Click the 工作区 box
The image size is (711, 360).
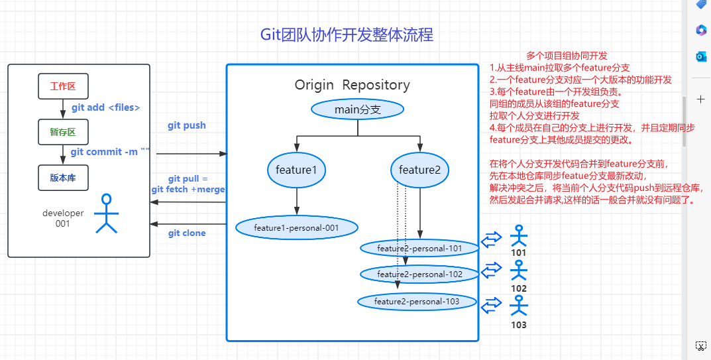(x=63, y=86)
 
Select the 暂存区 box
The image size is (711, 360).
(x=63, y=132)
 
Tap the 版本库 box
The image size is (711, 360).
(x=63, y=178)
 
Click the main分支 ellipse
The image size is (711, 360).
(x=357, y=109)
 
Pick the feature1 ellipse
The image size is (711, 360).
(x=297, y=170)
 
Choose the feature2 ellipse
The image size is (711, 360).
(x=420, y=170)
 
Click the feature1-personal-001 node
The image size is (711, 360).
(x=297, y=227)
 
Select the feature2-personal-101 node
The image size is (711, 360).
(x=419, y=249)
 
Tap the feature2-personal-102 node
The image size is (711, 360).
(x=419, y=274)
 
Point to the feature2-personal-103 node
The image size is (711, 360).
(x=417, y=302)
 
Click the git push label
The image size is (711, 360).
(x=187, y=126)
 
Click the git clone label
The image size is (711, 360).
(x=187, y=233)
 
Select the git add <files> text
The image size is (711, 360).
(x=105, y=107)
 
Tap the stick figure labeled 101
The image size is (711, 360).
(x=519, y=235)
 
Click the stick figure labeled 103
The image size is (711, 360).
(x=519, y=306)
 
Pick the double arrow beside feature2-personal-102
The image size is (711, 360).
(x=491, y=270)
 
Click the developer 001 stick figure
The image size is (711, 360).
(x=107, y=213)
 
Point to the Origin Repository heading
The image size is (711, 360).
(x=353, y=85)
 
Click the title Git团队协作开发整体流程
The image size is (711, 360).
(x=347, y=35)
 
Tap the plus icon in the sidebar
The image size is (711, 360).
(x=700, y=99)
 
